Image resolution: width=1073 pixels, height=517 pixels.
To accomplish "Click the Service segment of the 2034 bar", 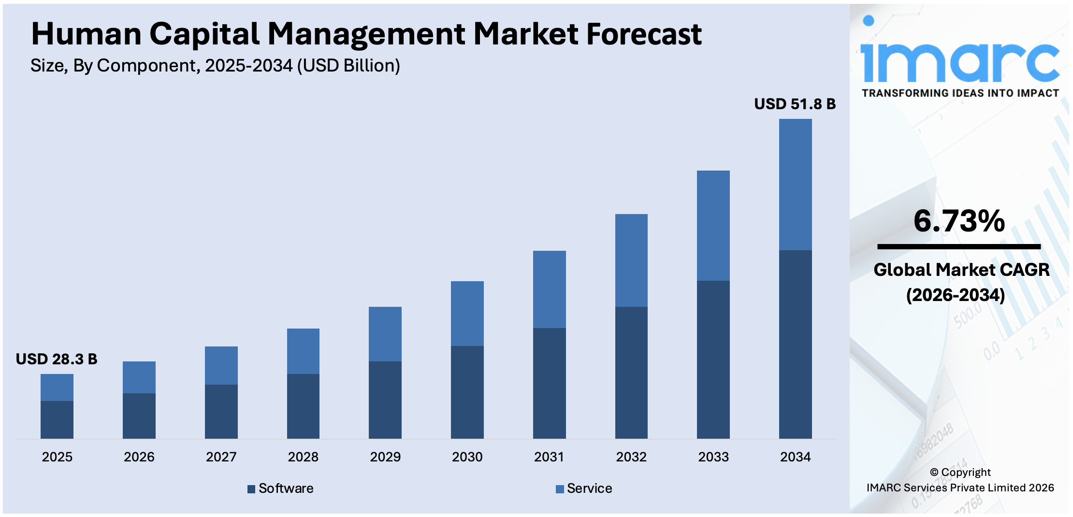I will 795,185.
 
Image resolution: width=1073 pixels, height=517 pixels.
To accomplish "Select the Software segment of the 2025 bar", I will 57,419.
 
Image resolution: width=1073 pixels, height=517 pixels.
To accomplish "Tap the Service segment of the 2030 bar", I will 467,313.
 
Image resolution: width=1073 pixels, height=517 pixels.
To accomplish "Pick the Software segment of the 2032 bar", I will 631,372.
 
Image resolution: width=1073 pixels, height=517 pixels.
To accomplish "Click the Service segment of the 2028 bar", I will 303,351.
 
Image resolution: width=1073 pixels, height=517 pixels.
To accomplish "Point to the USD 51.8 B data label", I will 795,104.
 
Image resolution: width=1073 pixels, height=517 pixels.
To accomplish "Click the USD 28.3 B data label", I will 57,359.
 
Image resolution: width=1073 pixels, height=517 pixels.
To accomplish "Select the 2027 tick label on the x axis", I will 221,457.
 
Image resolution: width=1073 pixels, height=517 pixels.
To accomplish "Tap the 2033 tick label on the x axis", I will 713,457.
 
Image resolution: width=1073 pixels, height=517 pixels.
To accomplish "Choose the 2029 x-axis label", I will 385,457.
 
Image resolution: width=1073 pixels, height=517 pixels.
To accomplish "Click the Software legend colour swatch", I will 251,489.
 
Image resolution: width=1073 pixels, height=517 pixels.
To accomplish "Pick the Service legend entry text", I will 589,488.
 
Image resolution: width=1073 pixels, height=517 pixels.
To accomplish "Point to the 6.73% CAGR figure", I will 959,221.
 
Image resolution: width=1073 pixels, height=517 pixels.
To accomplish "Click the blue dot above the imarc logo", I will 869,20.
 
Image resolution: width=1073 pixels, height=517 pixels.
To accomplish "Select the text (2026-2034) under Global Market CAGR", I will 956,295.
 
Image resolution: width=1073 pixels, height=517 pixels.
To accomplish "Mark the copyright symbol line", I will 960,472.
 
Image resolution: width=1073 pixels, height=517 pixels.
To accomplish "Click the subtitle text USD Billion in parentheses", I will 348,66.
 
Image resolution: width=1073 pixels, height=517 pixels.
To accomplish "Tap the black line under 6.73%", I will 959,247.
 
